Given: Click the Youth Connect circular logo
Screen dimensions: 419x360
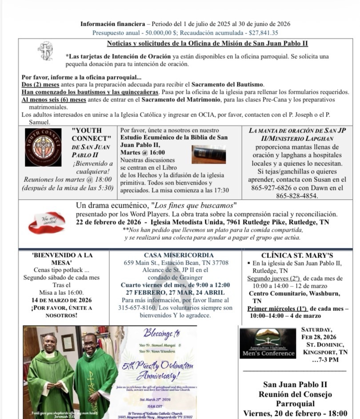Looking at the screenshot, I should coord(43,147).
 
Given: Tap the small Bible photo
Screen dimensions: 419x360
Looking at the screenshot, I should coord(209,154).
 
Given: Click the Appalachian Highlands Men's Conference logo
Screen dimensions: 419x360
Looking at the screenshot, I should coord(268,343).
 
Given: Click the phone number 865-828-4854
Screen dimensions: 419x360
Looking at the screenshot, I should coord(297,196).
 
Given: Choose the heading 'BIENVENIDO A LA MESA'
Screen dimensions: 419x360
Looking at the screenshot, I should coord(63,259).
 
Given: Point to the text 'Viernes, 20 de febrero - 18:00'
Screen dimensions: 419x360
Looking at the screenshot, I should coord(295,413).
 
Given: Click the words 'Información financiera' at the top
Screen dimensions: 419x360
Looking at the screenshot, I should coord(112,24).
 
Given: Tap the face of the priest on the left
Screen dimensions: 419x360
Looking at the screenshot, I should coord(48,343).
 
